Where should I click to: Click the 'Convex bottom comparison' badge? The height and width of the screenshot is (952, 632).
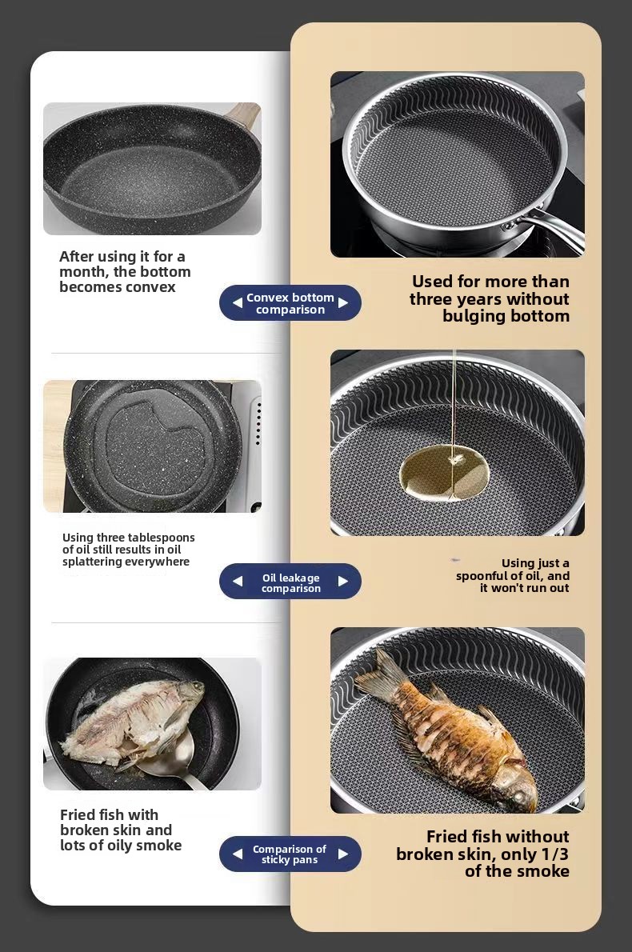pyautogui.click(x=290, y=303)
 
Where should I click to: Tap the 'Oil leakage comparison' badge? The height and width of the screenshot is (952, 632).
pyautogui.click(x=290, y=582)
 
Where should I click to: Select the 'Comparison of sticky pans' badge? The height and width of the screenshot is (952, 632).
pyautogui.click(x=290, y=854)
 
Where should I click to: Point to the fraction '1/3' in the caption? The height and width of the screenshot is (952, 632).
pyautogui.click(x=555, y=854)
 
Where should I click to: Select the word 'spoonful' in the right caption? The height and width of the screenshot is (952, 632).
pyautogui.click(x=482, y=576)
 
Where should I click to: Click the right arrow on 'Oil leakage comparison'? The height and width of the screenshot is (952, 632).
pyautogui.click(x=343, y=581)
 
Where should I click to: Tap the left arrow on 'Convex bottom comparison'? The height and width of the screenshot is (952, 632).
pyautogui.click(x=238, y=302)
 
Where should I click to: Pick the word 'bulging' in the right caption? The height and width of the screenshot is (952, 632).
pyautogui.click(x=472, y=317)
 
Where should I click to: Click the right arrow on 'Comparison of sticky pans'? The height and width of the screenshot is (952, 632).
pyautogui.click(x=343, y=854)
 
